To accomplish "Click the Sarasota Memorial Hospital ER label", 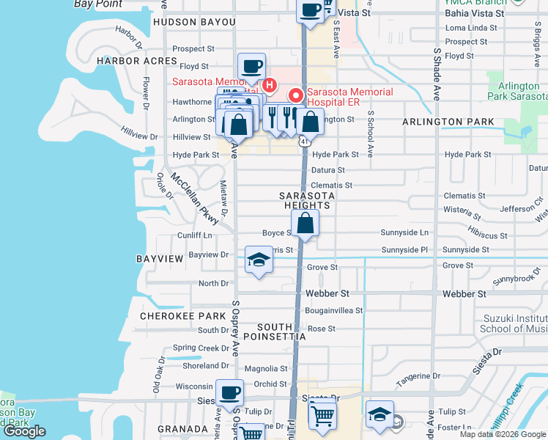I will (349, 97).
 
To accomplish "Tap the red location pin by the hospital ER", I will (296, 95).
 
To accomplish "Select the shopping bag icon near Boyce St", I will (306, 223).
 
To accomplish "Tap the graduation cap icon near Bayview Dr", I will (258, 260).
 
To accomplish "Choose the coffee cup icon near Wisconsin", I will (230, 392).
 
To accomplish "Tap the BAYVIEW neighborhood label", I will (159, 260).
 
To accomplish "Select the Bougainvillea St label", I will (334, 310).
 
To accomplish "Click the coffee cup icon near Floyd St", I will (251, 66).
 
